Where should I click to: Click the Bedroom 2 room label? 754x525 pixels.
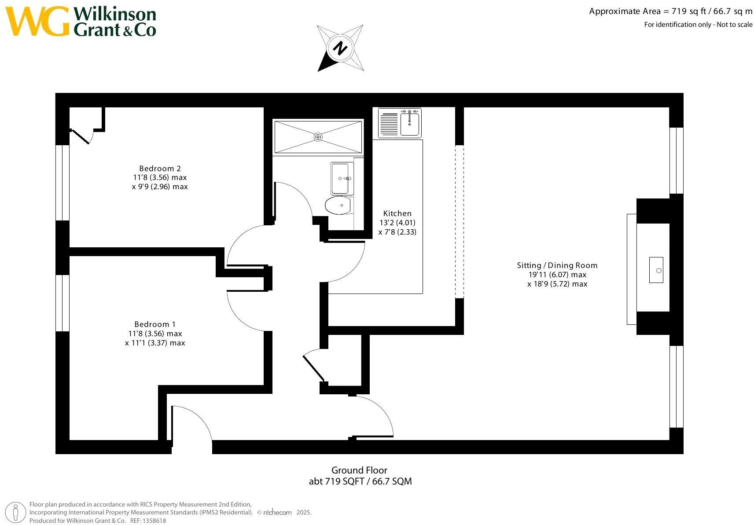pyautogui.click(x=160, y=168)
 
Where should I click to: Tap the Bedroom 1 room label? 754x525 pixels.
pyautogui.click(x=155, y=324)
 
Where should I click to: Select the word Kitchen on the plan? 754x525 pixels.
pyautogui.click(x=397, y=213)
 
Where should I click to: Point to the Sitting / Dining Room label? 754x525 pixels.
pyautogui.click(x=557, y=265)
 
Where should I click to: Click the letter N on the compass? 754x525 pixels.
pyautogui.click(x=340, y=48)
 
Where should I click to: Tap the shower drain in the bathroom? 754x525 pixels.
pyautogui.click(x=318, y=137)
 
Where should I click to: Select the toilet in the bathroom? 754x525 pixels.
pyautogui.click(x=338, y=205)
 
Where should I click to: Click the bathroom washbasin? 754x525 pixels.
pyautogui.click(x=342, y=178)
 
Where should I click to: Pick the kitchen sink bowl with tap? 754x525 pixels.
pyautogui.click(x=410, y=123)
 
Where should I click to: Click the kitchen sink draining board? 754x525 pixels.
pyautogui.click(x=389, y=124)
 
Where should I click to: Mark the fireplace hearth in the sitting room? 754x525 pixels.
pyautogui.click(x=632, y=269)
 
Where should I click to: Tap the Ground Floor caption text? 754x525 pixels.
pyautogui.click(x=359, y=470)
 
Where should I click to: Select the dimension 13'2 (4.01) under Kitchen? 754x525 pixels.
pyautogui.click(x=397, y=223)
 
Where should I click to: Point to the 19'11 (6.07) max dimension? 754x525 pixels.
pyautogui.click(x=557, y=275)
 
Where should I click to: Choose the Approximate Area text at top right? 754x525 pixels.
pyautogui.click(x=670, y=11)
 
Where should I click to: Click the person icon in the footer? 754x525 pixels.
pyautogui.click(x=15, y=513)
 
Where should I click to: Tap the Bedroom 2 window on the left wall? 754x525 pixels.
pyautogui.click(x=63, y=183)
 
